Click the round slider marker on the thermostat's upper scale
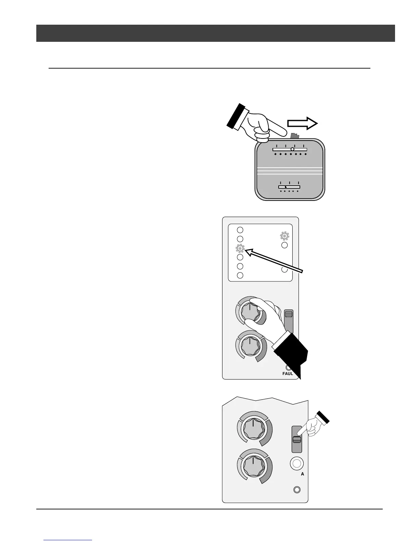[x=292, y=149]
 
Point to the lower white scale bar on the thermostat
[x=289, y=187]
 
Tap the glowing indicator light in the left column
[x=240, y=249]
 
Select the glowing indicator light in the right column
[x=284, y=236]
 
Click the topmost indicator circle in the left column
[x=240, y=230]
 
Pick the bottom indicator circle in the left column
[x=240, y=275]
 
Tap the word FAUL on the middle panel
[x=288, y=373]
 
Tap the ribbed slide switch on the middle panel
[x=289, y=314]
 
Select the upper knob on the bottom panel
[x=253, y=429]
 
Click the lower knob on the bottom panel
[x=253, y=466]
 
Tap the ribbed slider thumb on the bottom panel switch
[x=297, y=440]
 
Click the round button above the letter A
[x=297, y=464]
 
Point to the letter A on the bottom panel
[x=302, y=474]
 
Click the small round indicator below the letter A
[x=297, y=490]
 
